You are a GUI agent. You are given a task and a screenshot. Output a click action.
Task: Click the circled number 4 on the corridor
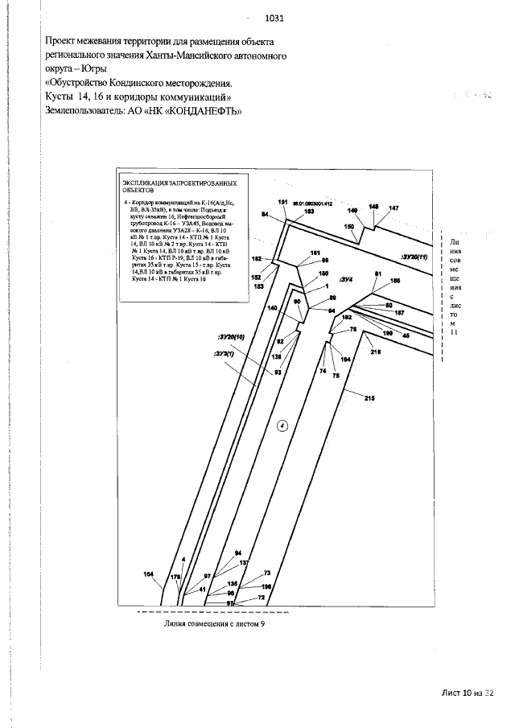282,426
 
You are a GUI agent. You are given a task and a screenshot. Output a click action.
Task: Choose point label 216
375,352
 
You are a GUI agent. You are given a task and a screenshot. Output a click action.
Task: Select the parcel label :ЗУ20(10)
230,337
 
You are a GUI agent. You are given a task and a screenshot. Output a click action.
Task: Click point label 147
393,208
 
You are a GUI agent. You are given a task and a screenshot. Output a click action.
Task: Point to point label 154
148,574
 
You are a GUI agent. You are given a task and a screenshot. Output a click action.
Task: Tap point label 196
267,586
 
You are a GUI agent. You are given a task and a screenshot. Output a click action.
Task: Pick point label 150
349,227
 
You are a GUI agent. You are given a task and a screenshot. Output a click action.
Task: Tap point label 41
203,590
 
